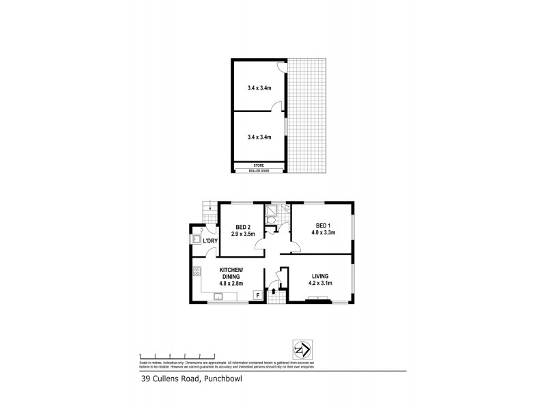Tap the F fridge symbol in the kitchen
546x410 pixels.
257,295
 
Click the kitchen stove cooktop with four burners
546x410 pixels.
197,273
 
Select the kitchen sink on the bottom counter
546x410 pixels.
219,297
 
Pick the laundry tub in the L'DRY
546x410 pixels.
196,240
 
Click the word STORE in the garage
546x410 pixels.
259,165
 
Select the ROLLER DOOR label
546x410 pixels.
259,171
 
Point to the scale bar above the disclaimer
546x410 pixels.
177,355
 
